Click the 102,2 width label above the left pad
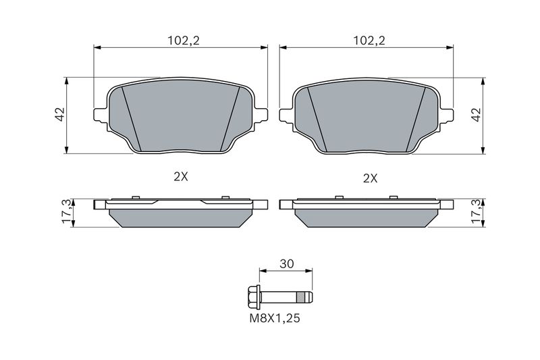coord(184,41)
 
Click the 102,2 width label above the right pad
coord(369,41)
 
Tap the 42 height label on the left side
coord(60,114)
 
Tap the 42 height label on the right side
coord(477,114)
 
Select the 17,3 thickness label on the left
coord(67,211)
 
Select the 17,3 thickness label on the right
coord(477,211)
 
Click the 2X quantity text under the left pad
coord(180,177)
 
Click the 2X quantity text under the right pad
coord(370,178)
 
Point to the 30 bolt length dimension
coord(286,264)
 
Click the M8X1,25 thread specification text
coord(275,318)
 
